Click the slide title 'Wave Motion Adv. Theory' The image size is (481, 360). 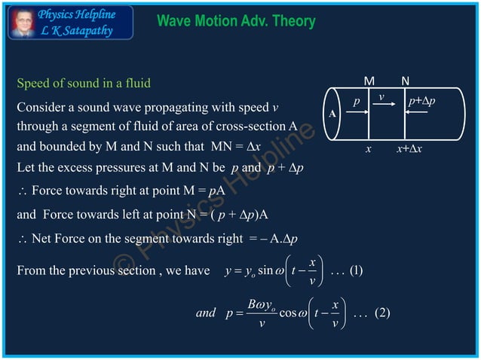coord(235,21)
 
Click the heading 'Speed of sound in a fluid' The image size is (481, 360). coord(88,82)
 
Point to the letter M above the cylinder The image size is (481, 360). coord(369,81)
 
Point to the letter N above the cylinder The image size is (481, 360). coord(406,81)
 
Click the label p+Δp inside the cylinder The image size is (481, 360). coord(421,100)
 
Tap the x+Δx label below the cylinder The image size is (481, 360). coord(409,149)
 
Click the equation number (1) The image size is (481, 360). coord(357,270)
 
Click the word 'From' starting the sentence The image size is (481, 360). coord(31,271)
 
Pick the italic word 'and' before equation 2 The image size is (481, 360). coord(205,313)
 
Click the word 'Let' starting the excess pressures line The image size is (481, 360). coord(25,166)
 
